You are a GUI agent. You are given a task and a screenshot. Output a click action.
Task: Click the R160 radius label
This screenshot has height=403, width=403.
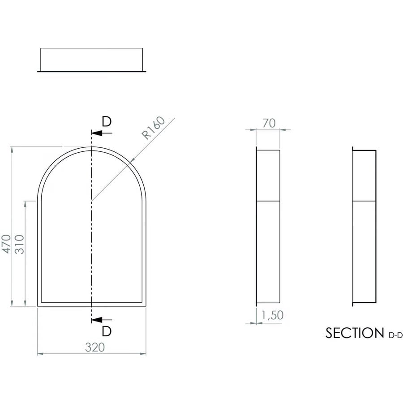point(153,128)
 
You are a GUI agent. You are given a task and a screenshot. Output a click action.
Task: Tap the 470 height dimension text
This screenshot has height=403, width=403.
point(6,244)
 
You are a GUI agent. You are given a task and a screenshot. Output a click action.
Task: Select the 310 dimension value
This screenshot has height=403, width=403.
point(19,244)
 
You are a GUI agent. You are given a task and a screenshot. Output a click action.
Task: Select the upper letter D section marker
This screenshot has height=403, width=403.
point(106,122)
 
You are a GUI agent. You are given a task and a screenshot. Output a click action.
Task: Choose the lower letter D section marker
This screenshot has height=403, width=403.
point(106,331)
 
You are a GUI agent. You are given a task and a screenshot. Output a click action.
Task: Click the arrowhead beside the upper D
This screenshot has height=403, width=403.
point(95,133)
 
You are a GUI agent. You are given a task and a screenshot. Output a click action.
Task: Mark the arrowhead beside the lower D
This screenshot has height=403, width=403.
point(95,320)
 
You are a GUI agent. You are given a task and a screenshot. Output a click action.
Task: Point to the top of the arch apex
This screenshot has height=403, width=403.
point(91,147)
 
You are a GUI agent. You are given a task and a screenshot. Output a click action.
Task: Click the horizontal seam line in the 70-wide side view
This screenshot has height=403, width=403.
point(268,201)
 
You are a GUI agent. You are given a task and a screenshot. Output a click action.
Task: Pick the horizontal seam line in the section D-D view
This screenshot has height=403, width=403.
point(364,201)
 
